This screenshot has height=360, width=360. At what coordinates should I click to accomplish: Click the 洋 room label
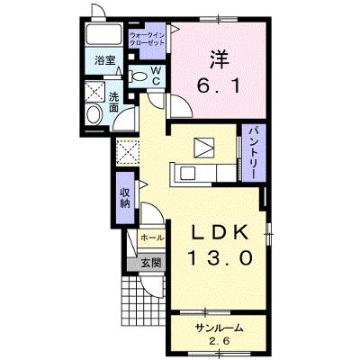(x=220, y=59)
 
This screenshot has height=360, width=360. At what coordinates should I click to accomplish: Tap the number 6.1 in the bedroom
(x=219, y=86)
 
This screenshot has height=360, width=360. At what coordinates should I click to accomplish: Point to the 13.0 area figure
(x=220, y=258)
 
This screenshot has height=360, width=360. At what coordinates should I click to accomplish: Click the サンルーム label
(x=219, y=328)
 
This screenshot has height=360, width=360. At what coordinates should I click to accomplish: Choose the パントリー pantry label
(x=254, y=152)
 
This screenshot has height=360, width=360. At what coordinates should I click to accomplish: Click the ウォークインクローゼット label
(x=147, y=39)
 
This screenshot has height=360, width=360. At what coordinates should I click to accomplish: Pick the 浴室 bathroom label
(x=104, y=60)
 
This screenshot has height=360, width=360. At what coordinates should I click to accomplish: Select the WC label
(x=156, y=76)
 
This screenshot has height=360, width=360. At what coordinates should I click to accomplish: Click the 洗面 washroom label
(x=113, y=103)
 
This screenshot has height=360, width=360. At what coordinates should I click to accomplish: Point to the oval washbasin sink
(x=94, y=114)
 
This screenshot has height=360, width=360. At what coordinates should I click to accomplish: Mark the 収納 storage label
(x=125, y=198)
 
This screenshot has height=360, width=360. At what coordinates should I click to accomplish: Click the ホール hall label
(x=152, y=238)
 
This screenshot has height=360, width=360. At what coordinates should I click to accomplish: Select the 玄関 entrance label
(x=151, y=264)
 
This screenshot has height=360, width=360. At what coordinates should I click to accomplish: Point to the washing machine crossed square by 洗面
(x=94, y=92)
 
